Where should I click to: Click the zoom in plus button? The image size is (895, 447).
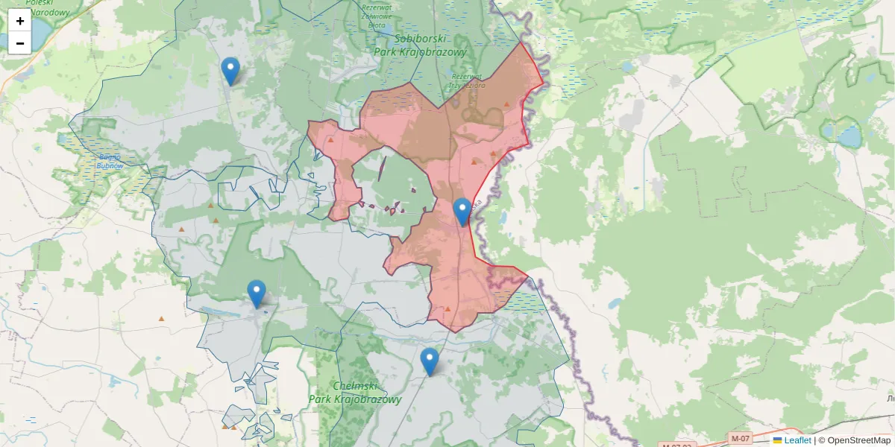click(19, 21)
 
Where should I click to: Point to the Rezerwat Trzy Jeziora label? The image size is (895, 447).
click(467, 80)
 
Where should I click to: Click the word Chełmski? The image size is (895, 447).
click(355, 386)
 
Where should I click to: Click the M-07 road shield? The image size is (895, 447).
click(740, 438)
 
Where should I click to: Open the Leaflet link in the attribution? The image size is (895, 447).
click(797, 440)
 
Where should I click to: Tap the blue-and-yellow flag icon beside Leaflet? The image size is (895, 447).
click(778, 440)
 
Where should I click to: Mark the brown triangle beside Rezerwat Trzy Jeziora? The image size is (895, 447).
click(507, 104)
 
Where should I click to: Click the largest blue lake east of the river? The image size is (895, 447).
click(849, 136)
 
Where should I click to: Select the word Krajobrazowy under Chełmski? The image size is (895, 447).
click(355, 399)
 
